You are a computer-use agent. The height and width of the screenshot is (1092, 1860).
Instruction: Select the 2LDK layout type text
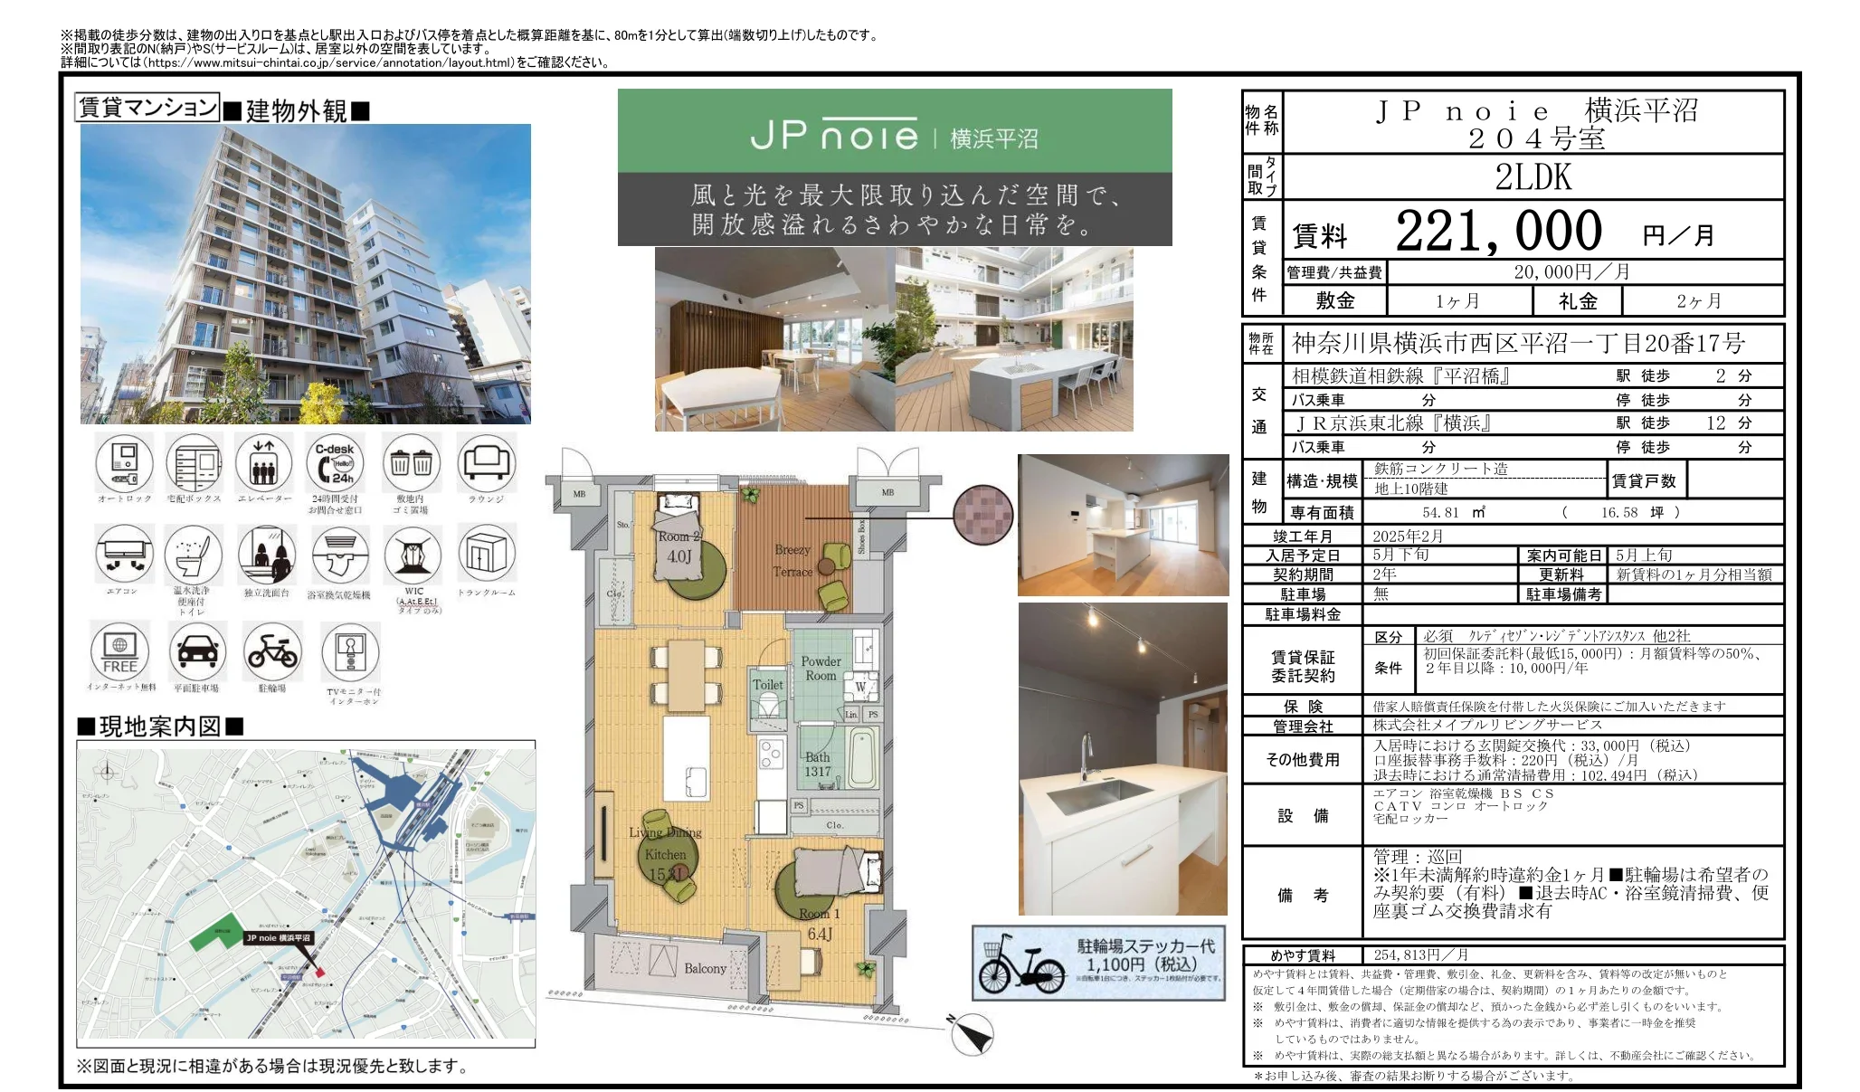pos(1533,177)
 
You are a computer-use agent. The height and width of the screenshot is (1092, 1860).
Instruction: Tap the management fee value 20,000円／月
pos(1571,271)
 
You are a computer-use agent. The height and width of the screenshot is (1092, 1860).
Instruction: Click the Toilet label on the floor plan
pos(768,685)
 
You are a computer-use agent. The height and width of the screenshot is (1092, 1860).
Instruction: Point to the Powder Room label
pos(821,668)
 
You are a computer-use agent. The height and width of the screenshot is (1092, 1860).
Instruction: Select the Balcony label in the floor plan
pos(705,968)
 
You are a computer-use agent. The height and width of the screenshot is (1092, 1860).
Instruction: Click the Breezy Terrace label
pos(792,560)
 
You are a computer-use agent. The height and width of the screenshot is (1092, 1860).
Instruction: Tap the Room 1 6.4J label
pos(820,924)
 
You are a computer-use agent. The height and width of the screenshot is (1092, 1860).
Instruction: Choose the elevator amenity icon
pos(263,463)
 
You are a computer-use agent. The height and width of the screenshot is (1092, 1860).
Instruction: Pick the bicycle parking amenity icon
pos(272,651)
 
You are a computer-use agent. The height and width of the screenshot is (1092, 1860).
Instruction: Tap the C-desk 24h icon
pos(335,463)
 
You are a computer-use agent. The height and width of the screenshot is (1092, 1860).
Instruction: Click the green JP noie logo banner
pos(894,132)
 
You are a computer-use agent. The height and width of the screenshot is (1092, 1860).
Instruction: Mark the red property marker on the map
pos(319,972)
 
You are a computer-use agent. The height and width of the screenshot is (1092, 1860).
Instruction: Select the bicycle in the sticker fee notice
pos(1020,966)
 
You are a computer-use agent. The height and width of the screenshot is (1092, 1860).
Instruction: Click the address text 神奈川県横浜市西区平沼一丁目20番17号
pos(1518,344)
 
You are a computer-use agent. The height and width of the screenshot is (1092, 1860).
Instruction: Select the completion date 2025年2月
pos(1408,536)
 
